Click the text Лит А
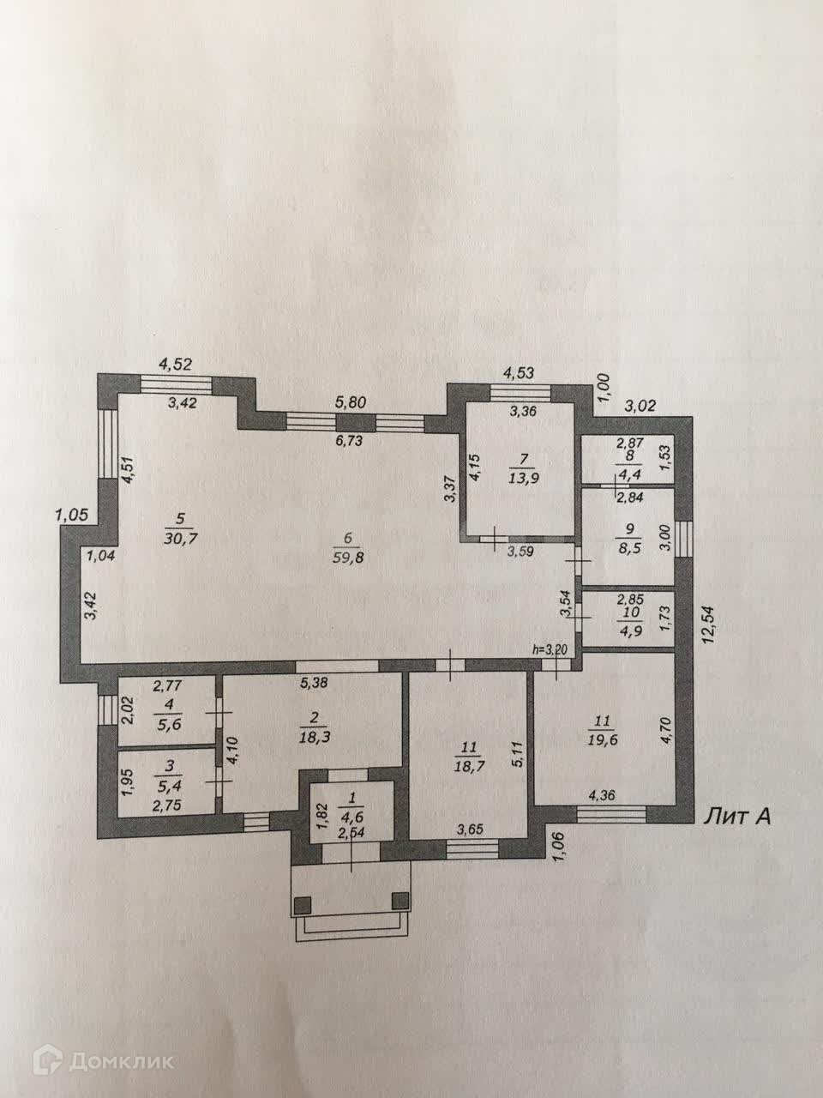pos(736,816)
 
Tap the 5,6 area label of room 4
pos(164,724)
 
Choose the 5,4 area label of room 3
pos(162,784)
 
